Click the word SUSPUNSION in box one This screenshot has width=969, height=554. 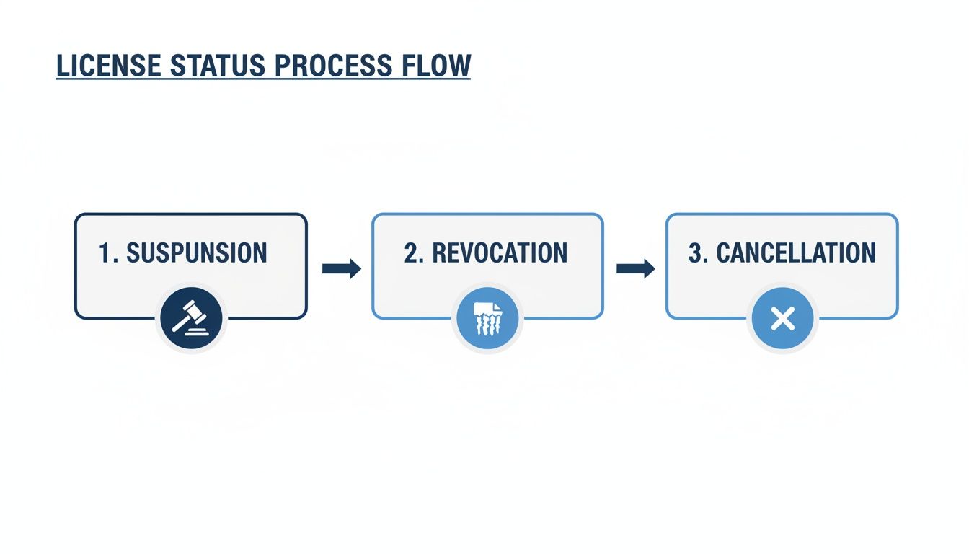point(196,253)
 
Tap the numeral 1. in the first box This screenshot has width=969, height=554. point(108,253)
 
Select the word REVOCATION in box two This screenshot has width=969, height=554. point(500,253)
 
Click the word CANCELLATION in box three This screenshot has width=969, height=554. point(796,253)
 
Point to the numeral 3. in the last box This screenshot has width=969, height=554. point(698,253)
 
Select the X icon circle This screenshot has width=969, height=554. point(782,318)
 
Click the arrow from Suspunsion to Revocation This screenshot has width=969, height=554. point(341,269)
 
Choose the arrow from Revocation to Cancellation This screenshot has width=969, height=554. point(635,269)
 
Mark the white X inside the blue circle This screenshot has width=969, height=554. point(782,318)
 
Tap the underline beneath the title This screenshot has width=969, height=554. point(263,79)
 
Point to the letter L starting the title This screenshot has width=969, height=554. point(62,65)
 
